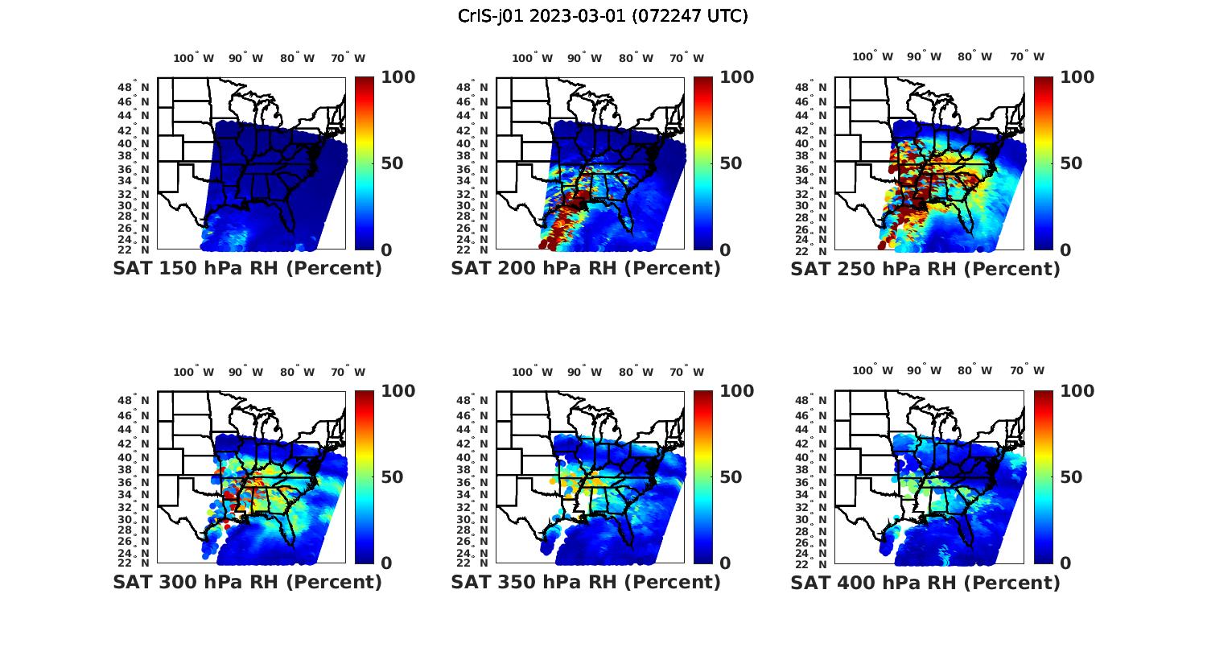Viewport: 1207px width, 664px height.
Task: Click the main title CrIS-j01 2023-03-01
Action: tap(603, 16)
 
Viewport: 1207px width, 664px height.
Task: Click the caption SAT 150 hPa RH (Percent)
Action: tap(247, 268)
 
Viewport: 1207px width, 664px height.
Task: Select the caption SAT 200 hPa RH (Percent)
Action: tap(586, 268)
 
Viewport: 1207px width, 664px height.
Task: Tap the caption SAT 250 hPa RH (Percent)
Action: tap(925, 268)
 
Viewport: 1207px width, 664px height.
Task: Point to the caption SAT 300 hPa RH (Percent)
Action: tap(247, 581)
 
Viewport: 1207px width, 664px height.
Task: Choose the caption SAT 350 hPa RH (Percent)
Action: tap(586, 581)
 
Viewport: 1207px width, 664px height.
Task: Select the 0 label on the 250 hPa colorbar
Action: tap(1065, 250)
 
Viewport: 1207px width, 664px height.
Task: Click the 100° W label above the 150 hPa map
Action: tap(193, 58)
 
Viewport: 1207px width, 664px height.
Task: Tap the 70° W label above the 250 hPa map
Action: tap(1027, 56)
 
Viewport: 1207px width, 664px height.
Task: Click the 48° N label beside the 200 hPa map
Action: tap(472, 87)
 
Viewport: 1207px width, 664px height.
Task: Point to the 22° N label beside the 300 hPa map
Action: tap(134, 563)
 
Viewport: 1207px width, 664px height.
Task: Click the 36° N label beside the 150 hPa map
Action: tap(134, 169)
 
